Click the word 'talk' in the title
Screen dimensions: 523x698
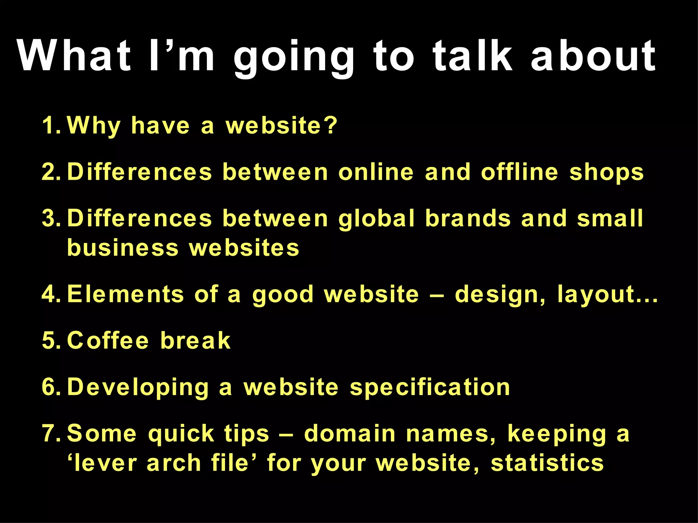point(472,56)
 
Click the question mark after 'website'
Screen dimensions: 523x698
point(330,125)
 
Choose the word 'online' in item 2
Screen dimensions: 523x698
point(376,172)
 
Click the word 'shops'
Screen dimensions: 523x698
point(606,172)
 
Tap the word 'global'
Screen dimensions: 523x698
point(377,218)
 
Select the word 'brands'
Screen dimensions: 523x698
point(468,218)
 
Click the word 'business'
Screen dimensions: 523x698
point(123,248)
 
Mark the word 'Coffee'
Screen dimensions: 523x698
point(108,340)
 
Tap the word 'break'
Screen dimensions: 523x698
point(195,340)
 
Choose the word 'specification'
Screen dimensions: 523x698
point(430,387)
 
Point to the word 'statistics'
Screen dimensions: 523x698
point(547,463)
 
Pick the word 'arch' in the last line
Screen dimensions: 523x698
point(174,463)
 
